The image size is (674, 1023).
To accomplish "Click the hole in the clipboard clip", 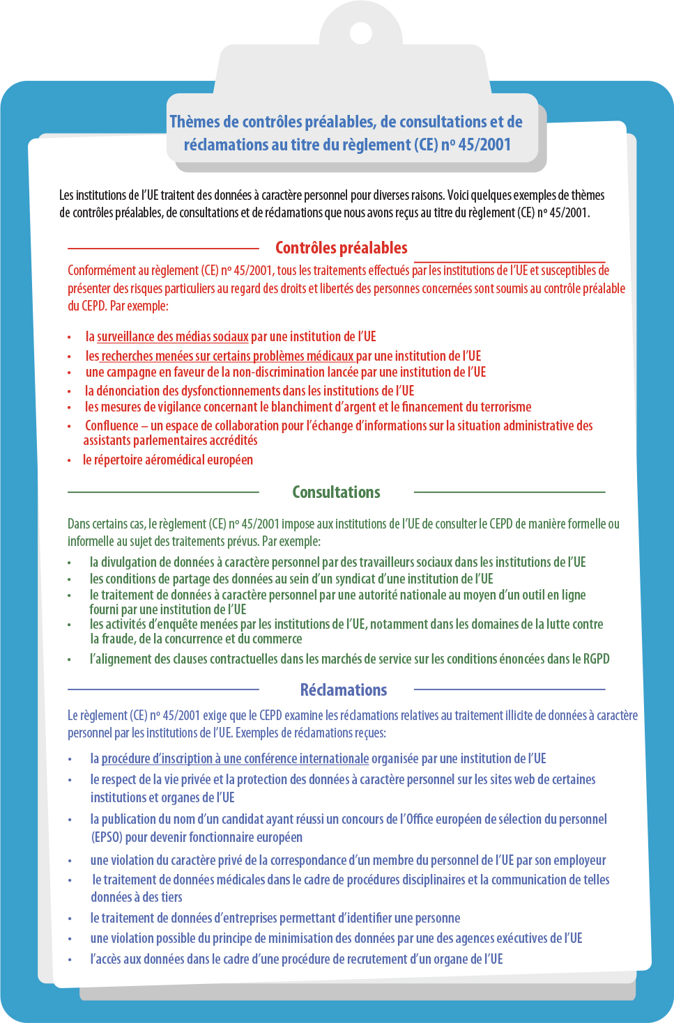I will [360, 32].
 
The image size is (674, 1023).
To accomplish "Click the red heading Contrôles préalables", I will [341, 248].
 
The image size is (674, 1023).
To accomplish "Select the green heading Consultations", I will [336, 492].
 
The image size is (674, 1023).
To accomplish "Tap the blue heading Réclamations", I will [343, 690].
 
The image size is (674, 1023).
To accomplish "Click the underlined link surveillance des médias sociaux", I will [173, 337].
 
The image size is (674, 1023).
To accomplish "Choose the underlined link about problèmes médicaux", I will [227, 356].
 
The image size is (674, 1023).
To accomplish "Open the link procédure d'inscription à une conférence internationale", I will [235, 758].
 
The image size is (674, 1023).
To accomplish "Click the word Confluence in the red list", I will [112, 425].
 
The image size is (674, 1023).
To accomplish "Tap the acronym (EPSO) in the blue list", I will [107, 837].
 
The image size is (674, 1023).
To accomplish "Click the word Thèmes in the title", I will [194, 122].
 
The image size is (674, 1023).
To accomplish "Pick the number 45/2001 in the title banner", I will [484, 145].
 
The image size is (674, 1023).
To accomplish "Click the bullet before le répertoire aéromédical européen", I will [69, 460].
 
